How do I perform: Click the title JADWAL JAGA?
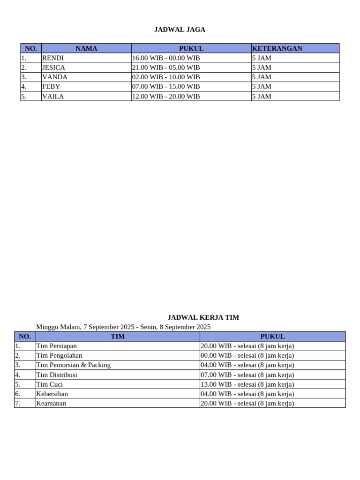click(180, 30)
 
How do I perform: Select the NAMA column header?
click(86, 48)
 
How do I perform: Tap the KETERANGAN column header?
click(277, 48)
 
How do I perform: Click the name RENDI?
click(52, 58)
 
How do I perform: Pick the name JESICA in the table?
click(53, 67)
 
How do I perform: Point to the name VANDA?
click(54, 77)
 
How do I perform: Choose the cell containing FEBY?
click(51, 86)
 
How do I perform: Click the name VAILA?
click(53, 96)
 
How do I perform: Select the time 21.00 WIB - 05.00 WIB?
click(166, 67)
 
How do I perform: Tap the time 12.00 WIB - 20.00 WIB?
click(166, 96)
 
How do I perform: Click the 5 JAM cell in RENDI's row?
click(262, 58)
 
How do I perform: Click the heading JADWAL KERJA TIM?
click(203, 317)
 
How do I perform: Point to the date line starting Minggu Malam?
click(123, 327)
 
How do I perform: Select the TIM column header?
click(118, 336)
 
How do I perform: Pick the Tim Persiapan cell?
click(56, 346)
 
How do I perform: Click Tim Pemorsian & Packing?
click(73, 365)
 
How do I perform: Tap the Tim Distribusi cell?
click(57, 375)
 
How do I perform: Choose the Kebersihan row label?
click(52, 394)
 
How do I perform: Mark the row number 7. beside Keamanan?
click(18, 403)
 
